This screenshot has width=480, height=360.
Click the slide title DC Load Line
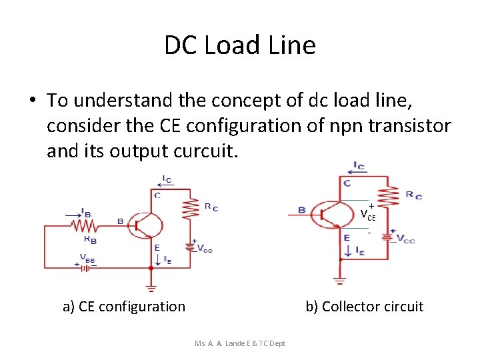click(240, 45)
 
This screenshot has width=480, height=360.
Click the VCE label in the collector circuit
click(368, 215)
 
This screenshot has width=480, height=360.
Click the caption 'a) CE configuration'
click(124, 307)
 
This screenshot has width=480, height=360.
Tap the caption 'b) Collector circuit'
click(364, 307)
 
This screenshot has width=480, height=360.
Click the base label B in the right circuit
click(301, 211)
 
